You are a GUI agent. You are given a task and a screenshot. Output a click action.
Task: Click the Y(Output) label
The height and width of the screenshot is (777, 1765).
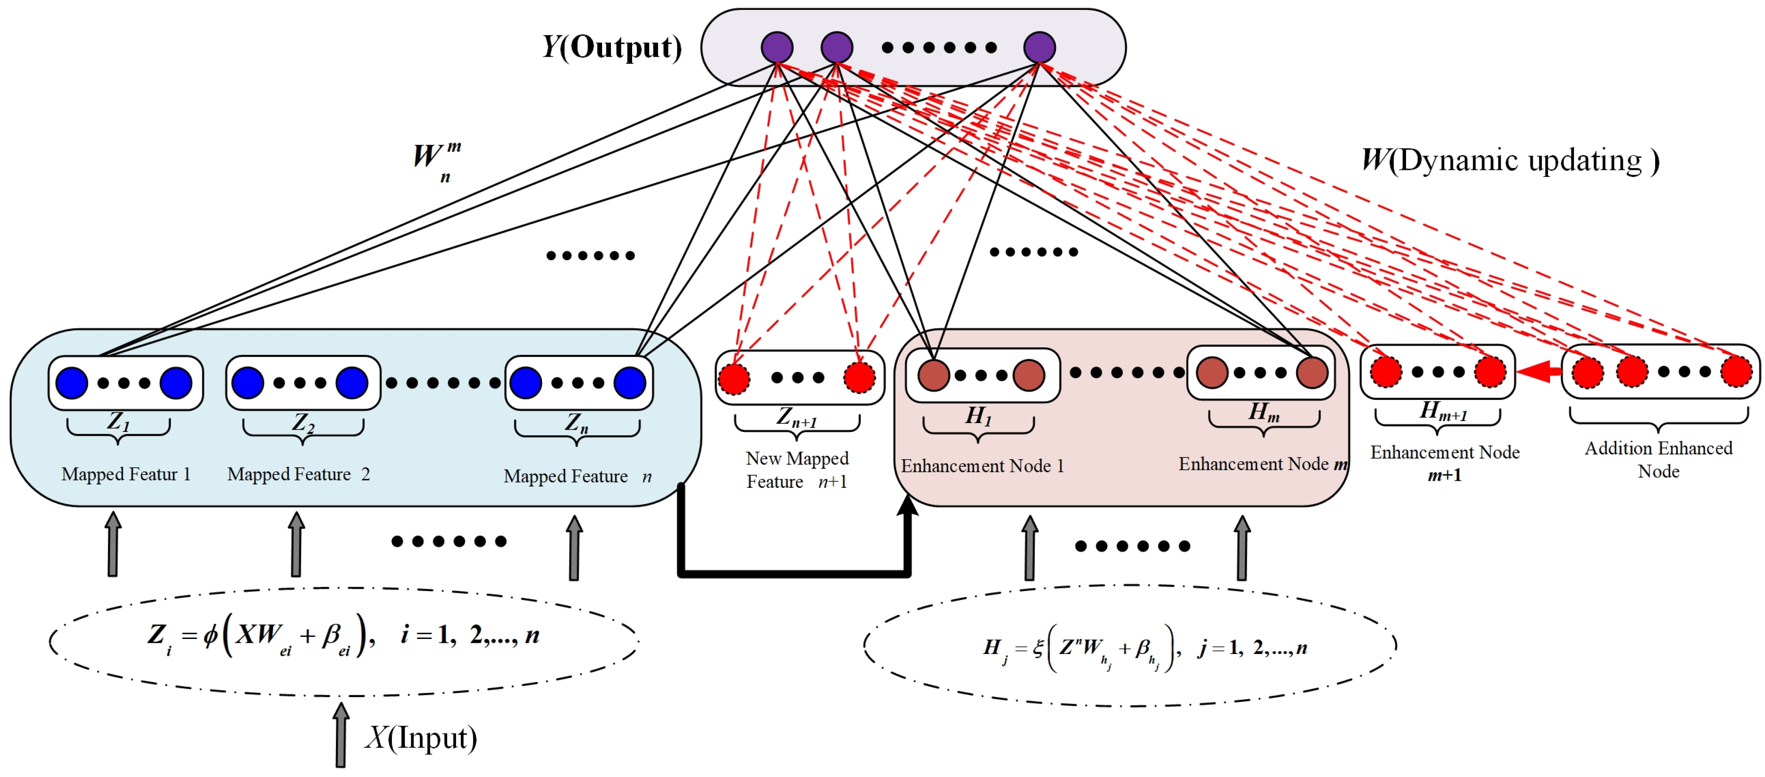(x=612, y=47)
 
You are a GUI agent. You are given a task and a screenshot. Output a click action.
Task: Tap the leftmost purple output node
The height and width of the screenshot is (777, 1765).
(x=777, y=47)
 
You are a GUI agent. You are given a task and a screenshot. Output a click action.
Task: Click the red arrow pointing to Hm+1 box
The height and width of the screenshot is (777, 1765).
(x=1538, y=372)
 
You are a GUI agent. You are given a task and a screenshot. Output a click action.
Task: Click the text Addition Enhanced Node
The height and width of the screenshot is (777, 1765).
(x=1658, y=459)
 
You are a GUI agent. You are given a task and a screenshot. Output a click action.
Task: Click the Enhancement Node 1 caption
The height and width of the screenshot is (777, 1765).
(x=982, y=466)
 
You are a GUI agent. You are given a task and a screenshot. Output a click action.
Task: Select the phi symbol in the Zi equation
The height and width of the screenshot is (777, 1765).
(x=210, y=635)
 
